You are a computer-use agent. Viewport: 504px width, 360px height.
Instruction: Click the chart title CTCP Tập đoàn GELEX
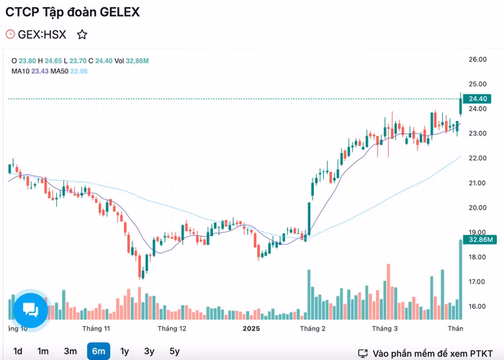pos(73,12)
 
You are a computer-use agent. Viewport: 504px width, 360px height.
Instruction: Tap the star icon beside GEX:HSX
pos(82,34)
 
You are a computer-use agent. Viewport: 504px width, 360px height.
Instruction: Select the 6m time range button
pos(99,351)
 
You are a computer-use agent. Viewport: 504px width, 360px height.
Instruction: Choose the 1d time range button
pos(18,351)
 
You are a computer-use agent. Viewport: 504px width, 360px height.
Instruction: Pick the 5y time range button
pos(174,351)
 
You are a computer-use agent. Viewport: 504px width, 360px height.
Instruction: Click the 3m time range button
pos(70,351)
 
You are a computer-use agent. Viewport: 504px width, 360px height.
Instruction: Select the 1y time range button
pos(125,351)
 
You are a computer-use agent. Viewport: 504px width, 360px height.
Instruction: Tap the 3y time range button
pos(149,351)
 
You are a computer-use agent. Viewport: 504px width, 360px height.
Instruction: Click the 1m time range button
pos(43,351)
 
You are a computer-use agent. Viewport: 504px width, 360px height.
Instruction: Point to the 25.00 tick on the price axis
pos(477,84)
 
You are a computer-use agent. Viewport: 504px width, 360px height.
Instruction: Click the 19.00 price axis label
pos(477,233)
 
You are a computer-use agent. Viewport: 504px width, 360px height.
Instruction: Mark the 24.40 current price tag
pos(478,99)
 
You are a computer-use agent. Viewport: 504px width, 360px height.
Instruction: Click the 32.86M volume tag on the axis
pos(480,239)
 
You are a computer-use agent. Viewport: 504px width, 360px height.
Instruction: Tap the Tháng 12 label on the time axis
pos(172,328)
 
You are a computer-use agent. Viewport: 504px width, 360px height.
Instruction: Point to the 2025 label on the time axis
pos(251,328)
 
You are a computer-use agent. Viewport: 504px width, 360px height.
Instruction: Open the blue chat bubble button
pos(30,310)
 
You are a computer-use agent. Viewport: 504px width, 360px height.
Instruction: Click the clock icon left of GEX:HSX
pos(10,34)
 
